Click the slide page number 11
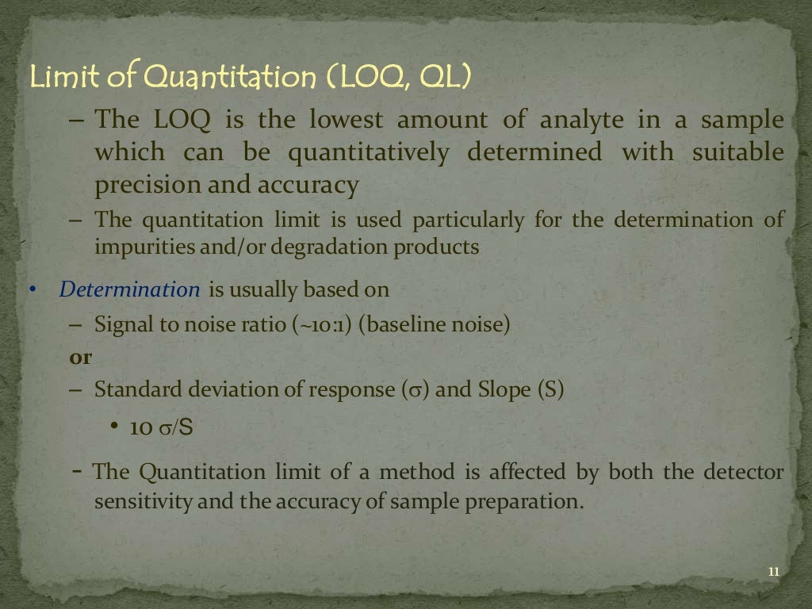[x=774, y=573]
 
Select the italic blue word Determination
[x=129, y=289]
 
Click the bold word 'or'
[x=81, y=358]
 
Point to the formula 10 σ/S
[x=162, y=428]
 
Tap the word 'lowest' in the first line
[x=346, y=121]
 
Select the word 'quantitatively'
[x=368, y=152]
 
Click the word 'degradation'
[x=331, y=247]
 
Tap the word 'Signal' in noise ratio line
[x=121, y=324]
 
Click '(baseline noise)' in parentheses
[x=434, y=324]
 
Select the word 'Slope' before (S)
[x=505, y=390]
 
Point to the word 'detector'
[x=743, y=473]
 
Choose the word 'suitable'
[x=738, y=152]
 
